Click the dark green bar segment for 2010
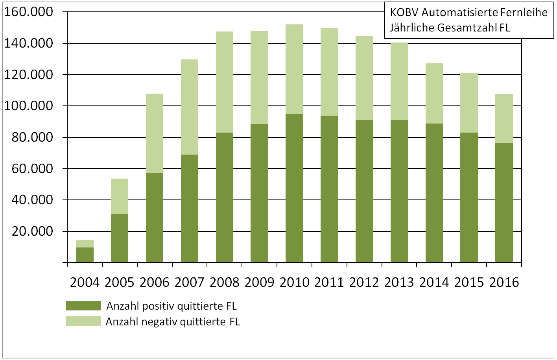pos(294,188)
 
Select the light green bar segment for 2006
pos(155,133)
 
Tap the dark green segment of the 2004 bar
pos(85,255)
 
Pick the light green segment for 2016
pos(504,118)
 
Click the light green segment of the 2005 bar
pos(120,196)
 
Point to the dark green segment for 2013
pos(399,191)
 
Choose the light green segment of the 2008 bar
pos(225,82)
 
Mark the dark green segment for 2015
pos(469,198)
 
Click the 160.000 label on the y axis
pos(28,12)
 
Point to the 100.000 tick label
pos(28,106)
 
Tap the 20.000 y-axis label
pos(32,231)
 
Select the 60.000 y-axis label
pos(32,169)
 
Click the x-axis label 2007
pos(190,282)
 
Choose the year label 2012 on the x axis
pos(364,282)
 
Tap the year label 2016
pos(504,282)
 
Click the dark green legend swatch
pos(83,306)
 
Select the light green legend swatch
pos(83,321)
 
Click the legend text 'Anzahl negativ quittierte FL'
pos(173,322)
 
